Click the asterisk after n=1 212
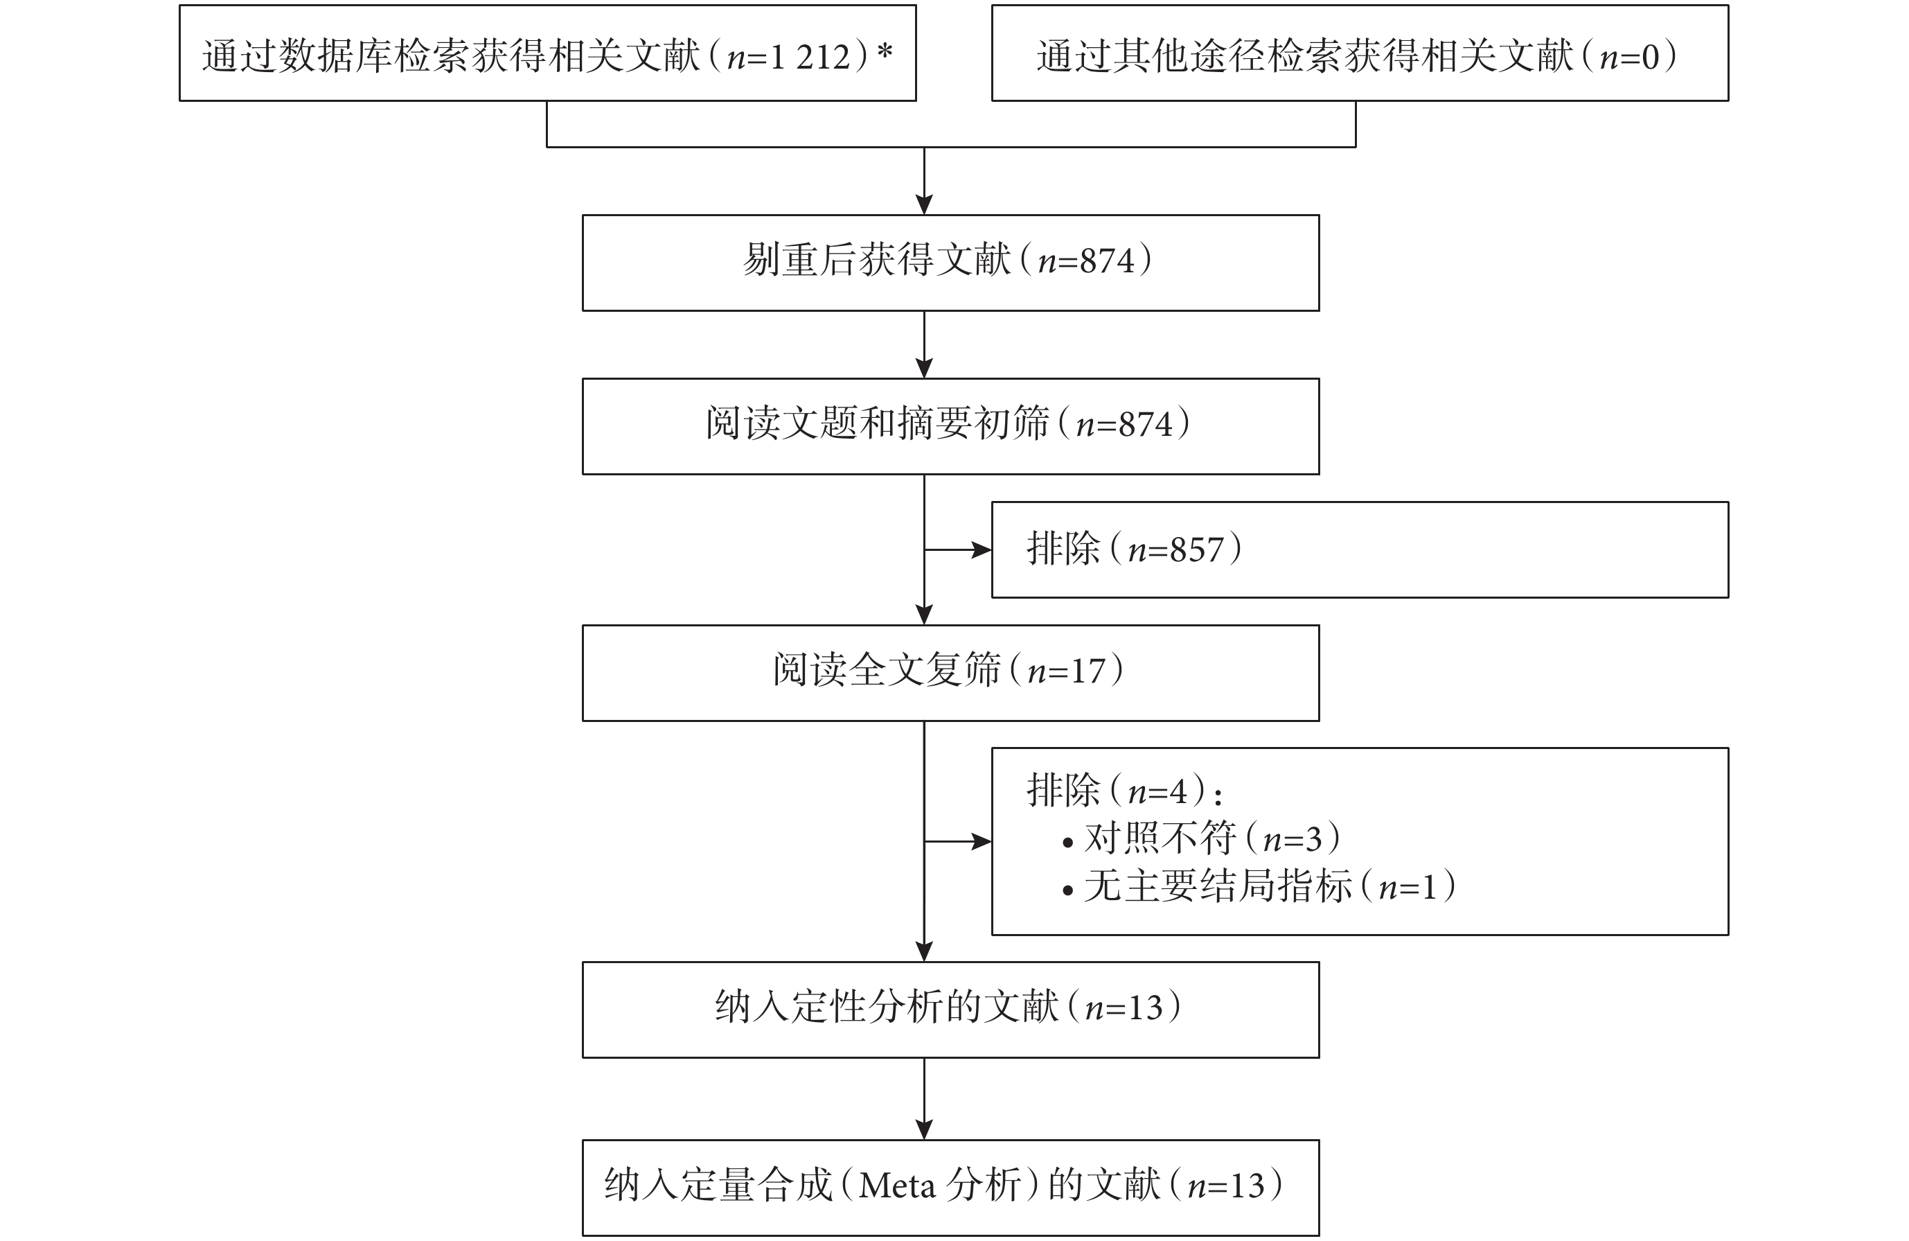(x=885, y=52)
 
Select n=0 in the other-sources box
(x=1628, y=57)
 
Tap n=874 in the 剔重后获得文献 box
(x=1087, y=261)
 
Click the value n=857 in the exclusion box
(x=1176, y=550)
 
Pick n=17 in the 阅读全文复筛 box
(x=1066, y=671)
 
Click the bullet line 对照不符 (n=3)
(x=1201, y=839)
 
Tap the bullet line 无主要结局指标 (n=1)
(x=1259, y=886)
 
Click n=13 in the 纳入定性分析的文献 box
(x=1124, y=1008)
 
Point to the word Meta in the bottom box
(x=897, y=1186)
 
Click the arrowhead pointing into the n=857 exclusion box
(x=982, y=550)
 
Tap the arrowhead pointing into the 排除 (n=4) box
(x=982, y=841)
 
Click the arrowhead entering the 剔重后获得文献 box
(x=924, y=204)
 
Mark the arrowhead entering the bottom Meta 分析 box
(x=924, y=1129)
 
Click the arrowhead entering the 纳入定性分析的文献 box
(x=924, y=951)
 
